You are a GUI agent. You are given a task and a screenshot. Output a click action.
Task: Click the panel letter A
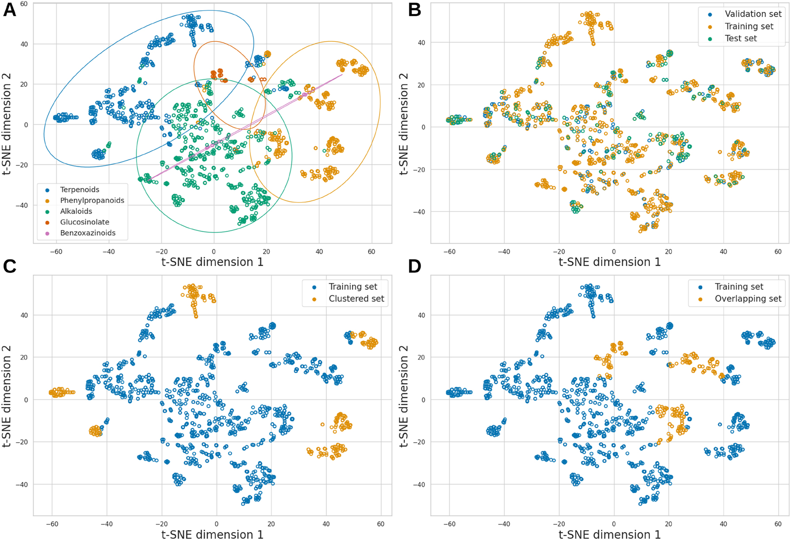[x=9, y=9]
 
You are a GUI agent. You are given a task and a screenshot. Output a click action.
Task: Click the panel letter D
[x=414, y=266]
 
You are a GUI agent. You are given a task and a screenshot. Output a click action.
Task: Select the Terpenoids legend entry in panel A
[x=80, y=190]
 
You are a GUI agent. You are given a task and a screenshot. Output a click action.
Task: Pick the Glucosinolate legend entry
[x=84, y=222]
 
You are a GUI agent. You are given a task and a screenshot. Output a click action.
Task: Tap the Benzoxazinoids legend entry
[x=88, y=233]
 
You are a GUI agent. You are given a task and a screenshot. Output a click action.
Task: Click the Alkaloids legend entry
[x=76, y=211]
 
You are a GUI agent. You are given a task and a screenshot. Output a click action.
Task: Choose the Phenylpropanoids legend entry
[x=92, y=200]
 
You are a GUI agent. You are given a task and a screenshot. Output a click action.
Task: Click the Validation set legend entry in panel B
[x=753, y=14]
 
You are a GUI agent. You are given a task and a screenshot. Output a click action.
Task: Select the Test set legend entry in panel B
[x=741, y=38]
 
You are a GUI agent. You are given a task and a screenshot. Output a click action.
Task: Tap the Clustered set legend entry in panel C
[x=356, y=299]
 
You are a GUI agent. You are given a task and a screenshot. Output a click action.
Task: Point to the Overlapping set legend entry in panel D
[x=748, y=299]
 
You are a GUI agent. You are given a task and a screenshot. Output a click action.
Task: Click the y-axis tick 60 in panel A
[x=23, y=4]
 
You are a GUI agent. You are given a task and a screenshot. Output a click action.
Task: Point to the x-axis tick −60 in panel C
[x=52, y=524]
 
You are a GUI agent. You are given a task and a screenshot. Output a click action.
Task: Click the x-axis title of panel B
[x=609, y=262]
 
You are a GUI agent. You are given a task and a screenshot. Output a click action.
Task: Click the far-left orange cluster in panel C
[x=61, y=392]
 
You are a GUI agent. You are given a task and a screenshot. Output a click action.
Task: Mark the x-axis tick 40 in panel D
[x=723, y=524]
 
